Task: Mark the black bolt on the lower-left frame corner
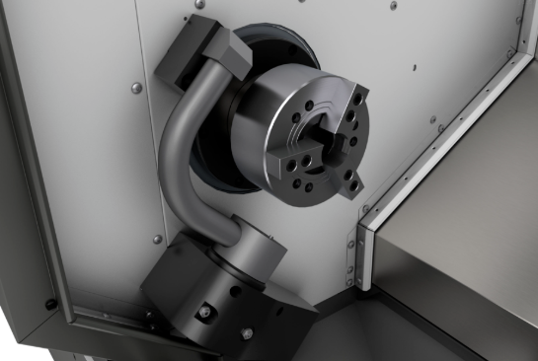pyautogui.click(x=50, y=305)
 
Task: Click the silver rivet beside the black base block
pyautogui.click(x=158, y=239)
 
